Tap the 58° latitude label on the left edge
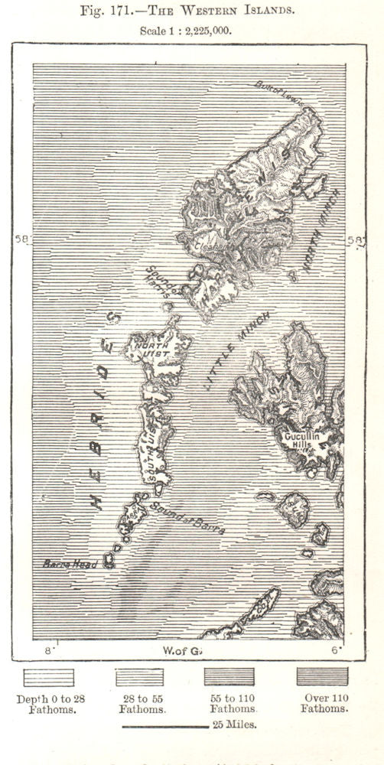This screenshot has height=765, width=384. [22, 239]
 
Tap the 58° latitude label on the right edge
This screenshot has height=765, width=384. [355, 239]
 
